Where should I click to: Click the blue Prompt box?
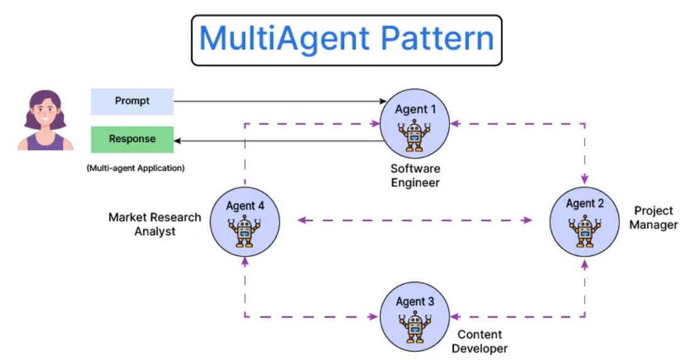[132, 101]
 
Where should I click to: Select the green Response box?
[132, 139]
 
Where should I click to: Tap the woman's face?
[46, 114]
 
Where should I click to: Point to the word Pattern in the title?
[437, 38]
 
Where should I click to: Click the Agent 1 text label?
[415, 110]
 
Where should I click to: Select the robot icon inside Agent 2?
[585, 232]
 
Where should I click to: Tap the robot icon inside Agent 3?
[415, 327]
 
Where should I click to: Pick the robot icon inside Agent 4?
[244, 232]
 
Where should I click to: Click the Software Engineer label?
[415, 176]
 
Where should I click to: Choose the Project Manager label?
[653, 218]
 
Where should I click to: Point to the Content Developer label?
[479, 342]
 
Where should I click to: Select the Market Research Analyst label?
[155, 224]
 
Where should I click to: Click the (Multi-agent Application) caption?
[136, 168]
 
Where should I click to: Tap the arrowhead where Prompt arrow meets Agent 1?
[383, 101]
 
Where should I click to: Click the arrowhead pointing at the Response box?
[177, 140]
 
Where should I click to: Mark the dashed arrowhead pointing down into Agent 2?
[585, 179]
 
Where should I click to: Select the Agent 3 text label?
[415, 301]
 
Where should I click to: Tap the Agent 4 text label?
[245, 206]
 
